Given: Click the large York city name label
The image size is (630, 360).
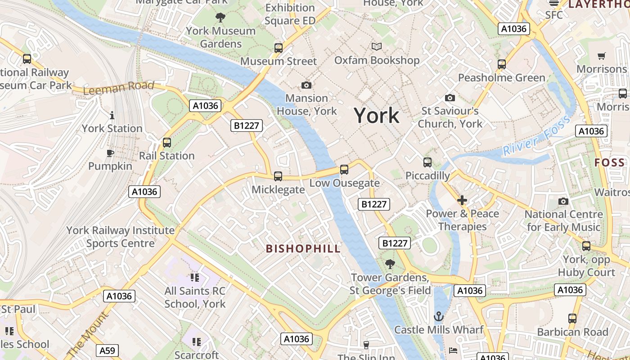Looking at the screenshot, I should [376, 116].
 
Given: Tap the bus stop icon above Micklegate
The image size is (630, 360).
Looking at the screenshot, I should [278, 176].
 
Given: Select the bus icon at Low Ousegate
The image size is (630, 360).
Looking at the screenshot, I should [344, 170].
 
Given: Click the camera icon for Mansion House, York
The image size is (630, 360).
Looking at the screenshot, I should [306, 85].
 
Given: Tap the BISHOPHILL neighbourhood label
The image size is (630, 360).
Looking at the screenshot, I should [303, 249].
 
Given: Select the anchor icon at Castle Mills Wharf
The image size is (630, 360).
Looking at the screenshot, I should [438, 317].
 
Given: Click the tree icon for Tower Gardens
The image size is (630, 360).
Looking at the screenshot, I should [390, 264].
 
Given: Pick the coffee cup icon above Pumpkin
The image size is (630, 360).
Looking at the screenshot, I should [110, 153].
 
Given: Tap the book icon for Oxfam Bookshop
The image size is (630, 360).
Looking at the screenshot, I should [377, 47].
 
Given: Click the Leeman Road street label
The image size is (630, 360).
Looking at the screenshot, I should [119, 87].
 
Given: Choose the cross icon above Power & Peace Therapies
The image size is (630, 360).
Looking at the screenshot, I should [462, 200].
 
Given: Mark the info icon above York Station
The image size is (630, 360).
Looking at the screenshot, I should [112, 116].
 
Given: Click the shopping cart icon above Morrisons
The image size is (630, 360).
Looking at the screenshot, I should [602, 56].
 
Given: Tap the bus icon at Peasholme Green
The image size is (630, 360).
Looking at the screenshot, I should [502, 64].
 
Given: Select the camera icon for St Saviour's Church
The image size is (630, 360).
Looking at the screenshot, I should [450, 98].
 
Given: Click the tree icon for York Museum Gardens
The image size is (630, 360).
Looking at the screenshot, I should [220, 18].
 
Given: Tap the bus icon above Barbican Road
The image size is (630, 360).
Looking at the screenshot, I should [572, 319].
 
